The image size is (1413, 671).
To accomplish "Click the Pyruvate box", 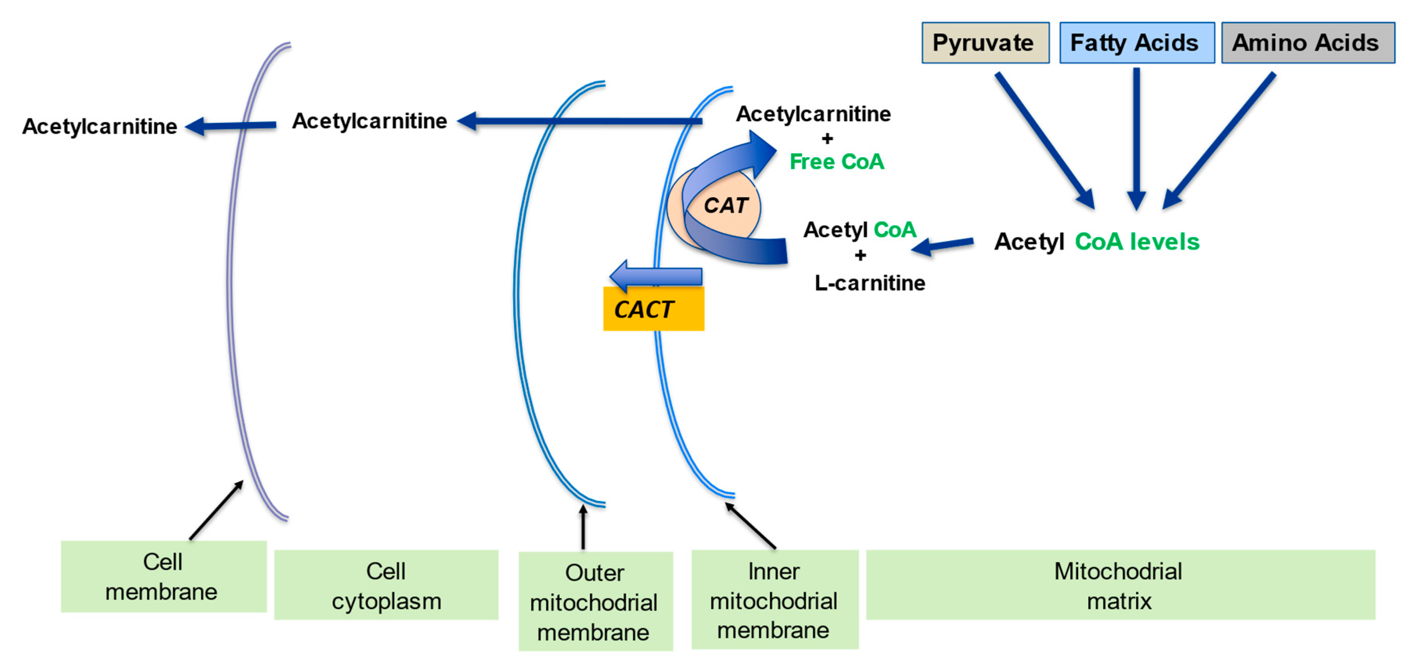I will click(x=985, y=43).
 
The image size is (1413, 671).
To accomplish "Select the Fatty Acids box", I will click(x=1136, y=43).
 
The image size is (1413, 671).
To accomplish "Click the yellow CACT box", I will click(x=653, y=309).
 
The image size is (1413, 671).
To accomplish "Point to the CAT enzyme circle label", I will click(x=725, y=206).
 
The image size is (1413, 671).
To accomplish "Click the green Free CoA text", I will click(x=836, y=162).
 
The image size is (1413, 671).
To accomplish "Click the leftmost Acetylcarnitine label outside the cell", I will click(x=99, y=127).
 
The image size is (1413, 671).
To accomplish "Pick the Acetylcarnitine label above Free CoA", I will click(x=813, y=114).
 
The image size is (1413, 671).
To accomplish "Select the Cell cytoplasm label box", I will click(x=386, y=585).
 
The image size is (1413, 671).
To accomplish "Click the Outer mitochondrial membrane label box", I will click(x=595, y=601).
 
